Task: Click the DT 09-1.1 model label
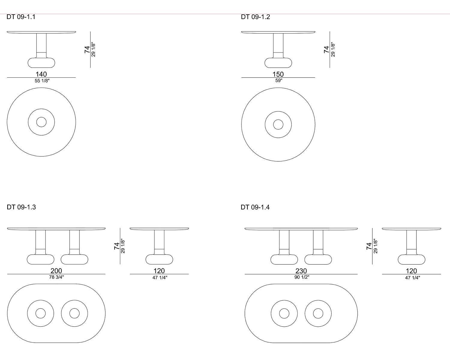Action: pos(21,17)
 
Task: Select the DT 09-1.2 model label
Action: pos(255,17)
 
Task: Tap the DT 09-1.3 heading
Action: pos(21,207)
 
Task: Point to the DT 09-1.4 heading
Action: pos(255,207)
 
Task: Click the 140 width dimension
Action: pos(41,74)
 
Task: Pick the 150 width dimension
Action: pos(278,74)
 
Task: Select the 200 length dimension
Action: pos(56,271)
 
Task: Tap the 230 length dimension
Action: pos(301,271)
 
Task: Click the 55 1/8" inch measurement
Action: pos(42,81)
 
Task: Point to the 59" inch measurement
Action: pos(279,80)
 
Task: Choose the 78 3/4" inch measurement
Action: pos(56,277)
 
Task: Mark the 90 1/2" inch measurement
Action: pos(302,277)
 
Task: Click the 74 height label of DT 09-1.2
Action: pos(326,49)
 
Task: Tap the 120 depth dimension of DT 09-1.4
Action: pos(411,271)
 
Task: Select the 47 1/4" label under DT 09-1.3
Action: pos(160,277)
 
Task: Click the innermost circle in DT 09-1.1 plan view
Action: pos(41,117)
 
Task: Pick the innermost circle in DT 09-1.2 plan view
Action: pos(278,120)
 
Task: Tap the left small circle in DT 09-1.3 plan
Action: pos(40,308)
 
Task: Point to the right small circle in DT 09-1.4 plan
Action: pos(318,308)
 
